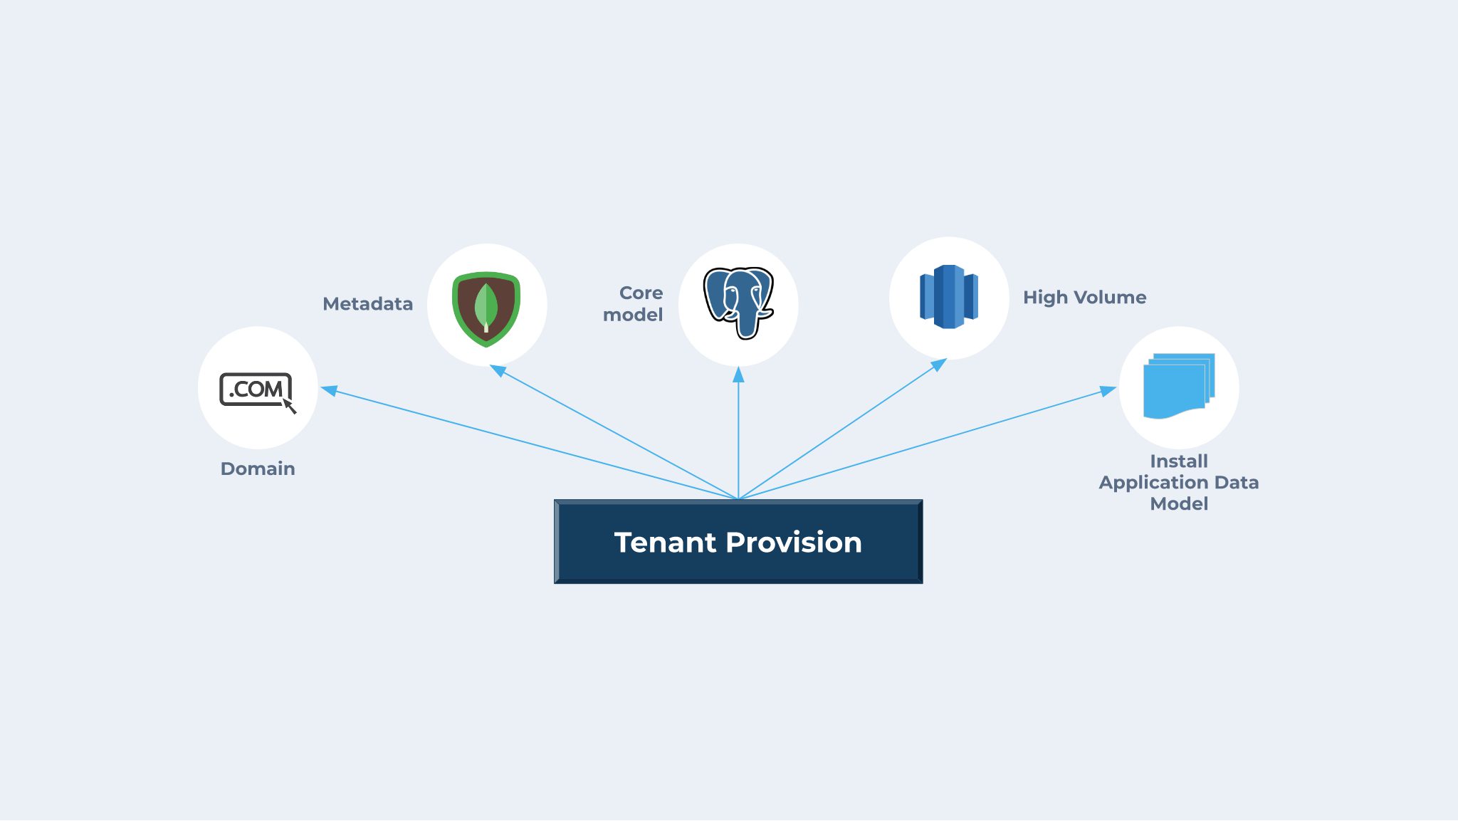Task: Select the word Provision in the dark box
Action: pyautogui.click(x=794, y=543)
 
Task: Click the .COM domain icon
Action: pyautogui.click(x=256, y=389)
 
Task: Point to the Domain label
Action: pyautogui.click(x=258, y=469)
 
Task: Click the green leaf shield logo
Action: pyautogui.click(x=486, y=308)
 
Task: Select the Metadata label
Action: pyautogui.click(x=367, y=304)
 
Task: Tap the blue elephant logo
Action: pyautogui.click(x=738, y=302)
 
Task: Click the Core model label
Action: pyautogui.click(x=633, y=303)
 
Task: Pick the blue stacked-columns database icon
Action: pyautogui.click(x=949, y=297)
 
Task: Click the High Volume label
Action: pyautogui.click(x=1084, y=298)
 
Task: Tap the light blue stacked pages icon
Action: pyautogui.click(x=1178, y=385)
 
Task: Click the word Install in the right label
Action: pyautogui.click(x=1179, y=461)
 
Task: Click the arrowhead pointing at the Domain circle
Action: pyautogui.click(x=329, y=389)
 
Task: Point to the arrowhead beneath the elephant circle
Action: pyautogui.click(x=738, y=375)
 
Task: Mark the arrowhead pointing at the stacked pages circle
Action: pyautogui.click(x=1108, y=390)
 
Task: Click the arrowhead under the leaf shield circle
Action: pyautogui.click(x=498, y=370)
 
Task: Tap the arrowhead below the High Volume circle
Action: pyautogui.click(x=939, y=365)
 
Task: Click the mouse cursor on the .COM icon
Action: pyautogui.click(x=289, y=406)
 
